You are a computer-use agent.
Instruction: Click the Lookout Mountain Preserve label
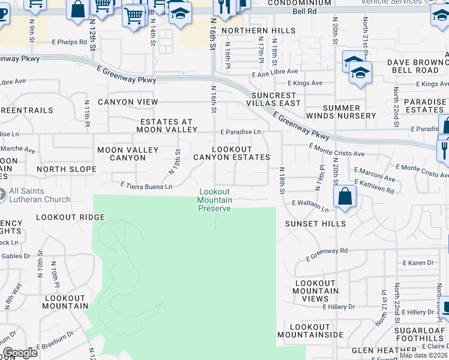coord(215,200)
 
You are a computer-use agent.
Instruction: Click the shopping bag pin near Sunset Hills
coord(345,197)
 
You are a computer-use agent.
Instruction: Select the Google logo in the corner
coord(20,353)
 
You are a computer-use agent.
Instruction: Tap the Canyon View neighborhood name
coord(128,102)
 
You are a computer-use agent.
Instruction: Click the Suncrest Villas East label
coord(276,99)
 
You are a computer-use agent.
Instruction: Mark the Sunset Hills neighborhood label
coord(316,224)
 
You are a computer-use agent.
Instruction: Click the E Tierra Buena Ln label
coord(146,187)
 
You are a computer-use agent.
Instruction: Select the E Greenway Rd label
coord(327,255)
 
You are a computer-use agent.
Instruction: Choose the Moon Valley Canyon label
coord(128,154)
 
